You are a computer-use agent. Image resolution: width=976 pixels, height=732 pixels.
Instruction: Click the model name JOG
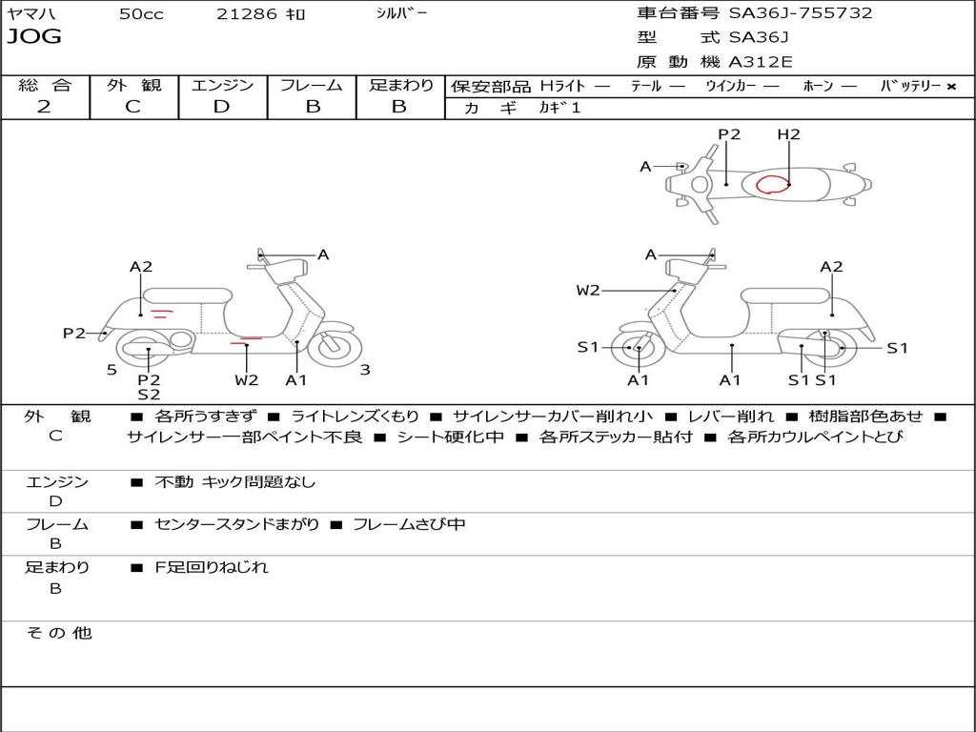tap(34, 37)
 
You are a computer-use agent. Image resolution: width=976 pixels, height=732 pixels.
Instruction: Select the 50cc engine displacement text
tap(141, 13)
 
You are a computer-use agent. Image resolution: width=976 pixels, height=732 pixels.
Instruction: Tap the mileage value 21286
tap(247, 13)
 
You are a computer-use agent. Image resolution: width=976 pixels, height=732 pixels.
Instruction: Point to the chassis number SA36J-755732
tap(801, 13)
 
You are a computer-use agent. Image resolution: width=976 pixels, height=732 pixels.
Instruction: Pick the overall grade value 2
tap(44, 107)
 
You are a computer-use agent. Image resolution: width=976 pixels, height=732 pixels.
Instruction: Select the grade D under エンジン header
tap(221, 107)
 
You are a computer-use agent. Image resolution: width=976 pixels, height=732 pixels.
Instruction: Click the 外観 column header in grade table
tap(133, 85)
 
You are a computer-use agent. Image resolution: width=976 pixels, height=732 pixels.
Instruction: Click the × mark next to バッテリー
tap(950, 86)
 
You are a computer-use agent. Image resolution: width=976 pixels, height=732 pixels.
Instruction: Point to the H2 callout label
tap(788, 134)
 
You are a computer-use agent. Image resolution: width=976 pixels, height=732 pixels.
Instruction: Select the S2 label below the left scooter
tap(149, 394)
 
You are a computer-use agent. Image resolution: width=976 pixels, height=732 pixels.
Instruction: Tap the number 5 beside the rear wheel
tap(112, 370)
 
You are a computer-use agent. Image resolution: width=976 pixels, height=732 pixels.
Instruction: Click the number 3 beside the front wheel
tap(365, 370)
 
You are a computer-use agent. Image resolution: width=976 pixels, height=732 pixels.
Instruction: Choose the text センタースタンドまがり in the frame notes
tap(237, 524)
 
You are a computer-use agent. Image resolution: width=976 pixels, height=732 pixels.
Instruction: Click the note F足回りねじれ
tap(212, 567)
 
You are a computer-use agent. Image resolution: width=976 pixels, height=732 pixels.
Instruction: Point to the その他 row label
tap(58, 633)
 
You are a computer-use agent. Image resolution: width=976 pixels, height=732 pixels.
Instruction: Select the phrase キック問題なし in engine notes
tap(258, 482)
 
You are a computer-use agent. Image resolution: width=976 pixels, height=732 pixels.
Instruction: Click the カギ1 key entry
tap(559, 108)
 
